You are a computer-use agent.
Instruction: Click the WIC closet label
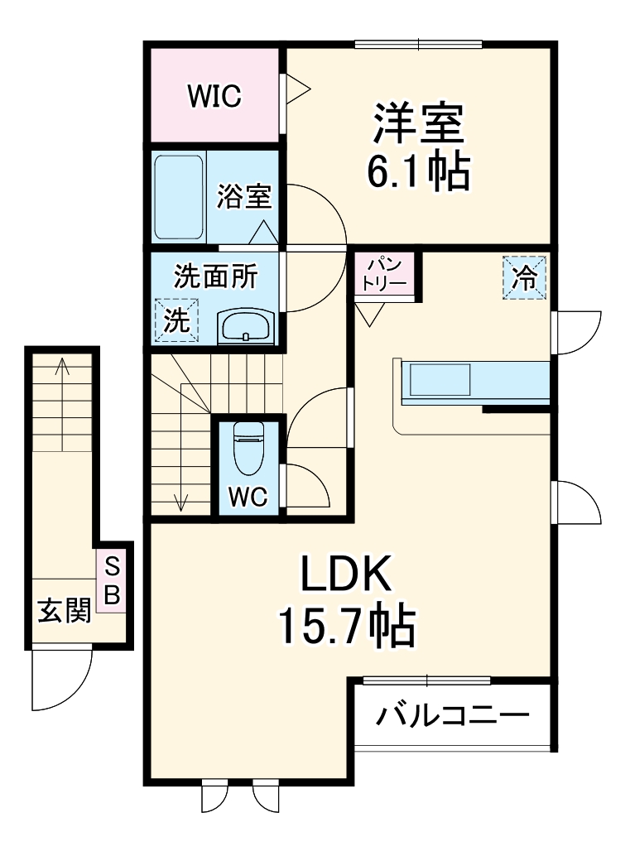214,97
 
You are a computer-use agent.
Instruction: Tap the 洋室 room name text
416,124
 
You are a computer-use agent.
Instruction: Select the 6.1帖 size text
419,171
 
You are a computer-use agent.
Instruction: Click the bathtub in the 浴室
179,196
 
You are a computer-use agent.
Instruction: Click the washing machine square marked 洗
176,319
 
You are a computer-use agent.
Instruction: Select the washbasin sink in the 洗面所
245,326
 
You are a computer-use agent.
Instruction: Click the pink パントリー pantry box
384,274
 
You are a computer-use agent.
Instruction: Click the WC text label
248,497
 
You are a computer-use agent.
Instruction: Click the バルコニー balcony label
452,714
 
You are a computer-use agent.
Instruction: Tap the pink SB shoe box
112,581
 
